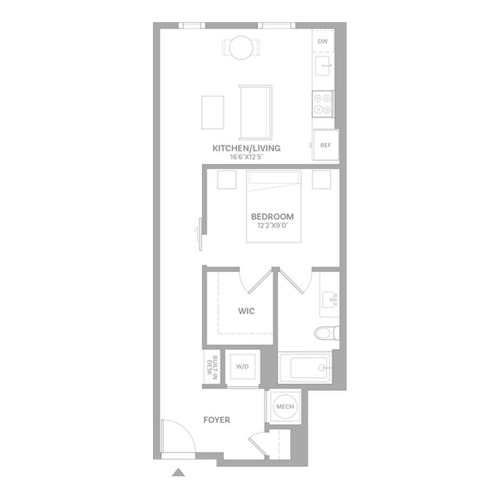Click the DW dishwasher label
(x=323, y=42)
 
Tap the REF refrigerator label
(x=325, y=145)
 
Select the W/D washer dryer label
(x=242, y=366)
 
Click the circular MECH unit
(x=285, y=406)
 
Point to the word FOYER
(x=217, y=420)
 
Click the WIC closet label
(x=246, y=311)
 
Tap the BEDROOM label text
(x=272, y=217)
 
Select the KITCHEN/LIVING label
(x=247, y=148)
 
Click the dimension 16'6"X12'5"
(x=247, y=157)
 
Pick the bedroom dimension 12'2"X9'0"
(x=272, y=226)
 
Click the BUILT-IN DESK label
(x=212, y=366)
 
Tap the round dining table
(x=241, y=48)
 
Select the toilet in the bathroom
(x=327, y=333)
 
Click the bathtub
(x=305, y=368)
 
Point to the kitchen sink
(x=322, y=66)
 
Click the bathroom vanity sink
(x=329, y=300)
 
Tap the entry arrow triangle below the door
(x=178, y=472)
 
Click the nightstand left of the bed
(x=227, y=180)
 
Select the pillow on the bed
(x=274, y=178)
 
